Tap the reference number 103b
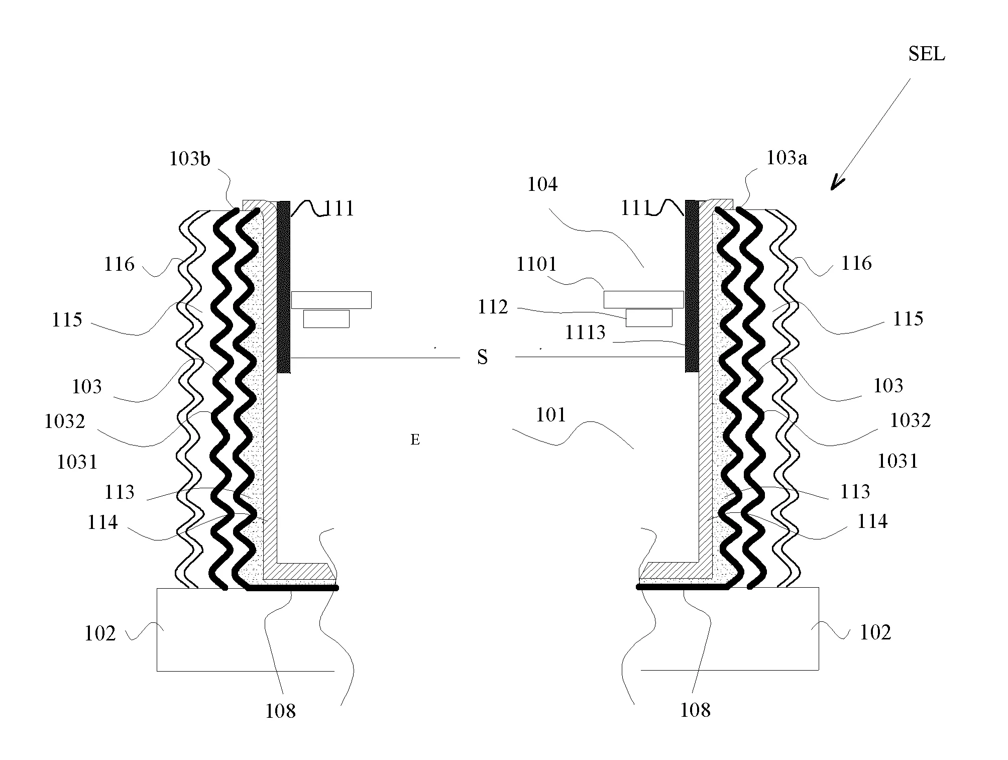click(x=190, y=159)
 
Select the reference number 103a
click(x=787, y=158)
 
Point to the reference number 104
click(x=542, y=184)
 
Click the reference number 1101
click(x=537, y=264)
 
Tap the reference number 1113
click(x=585, y=333)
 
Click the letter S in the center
click(x=482, y=357)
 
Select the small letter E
click(x=415, y=440)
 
